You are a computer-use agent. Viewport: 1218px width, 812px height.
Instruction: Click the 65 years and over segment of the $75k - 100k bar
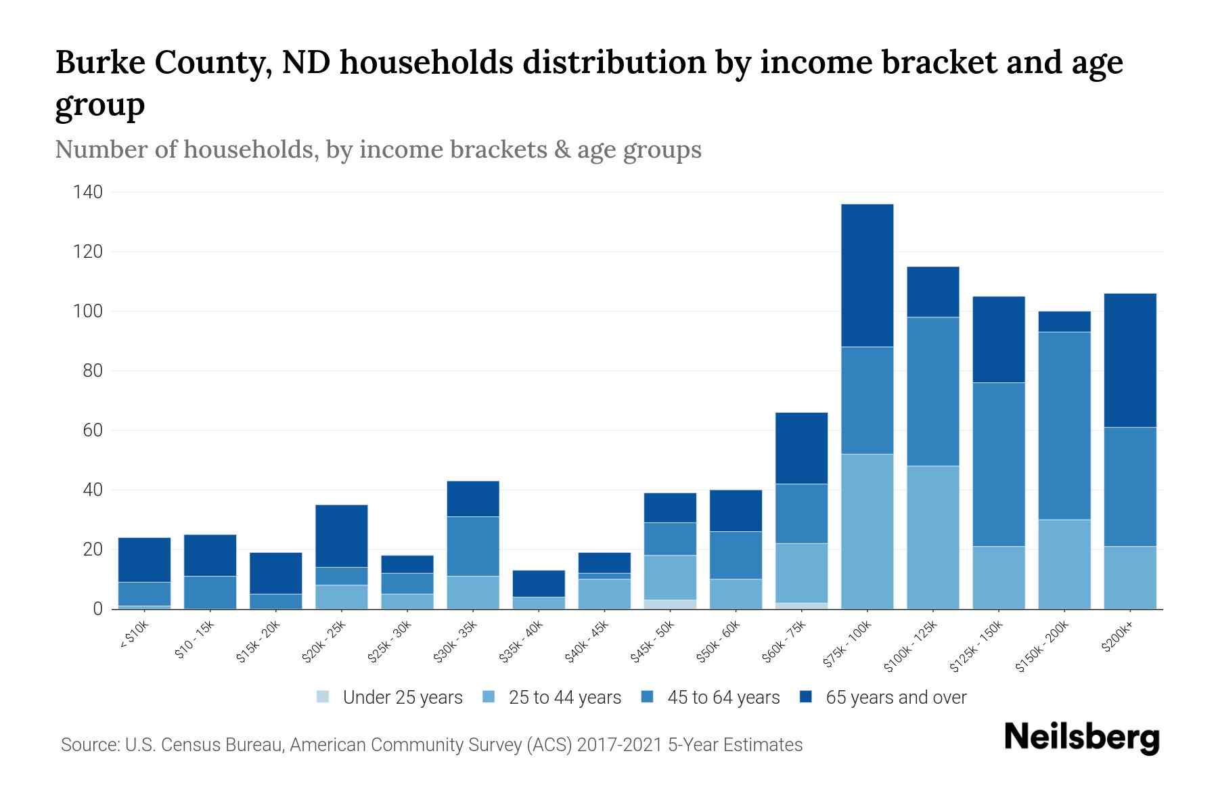click(867, 275)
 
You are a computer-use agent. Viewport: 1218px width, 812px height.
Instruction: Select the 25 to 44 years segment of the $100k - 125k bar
click(932, 537)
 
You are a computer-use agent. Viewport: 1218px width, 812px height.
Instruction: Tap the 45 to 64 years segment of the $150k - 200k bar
click(1064, 426)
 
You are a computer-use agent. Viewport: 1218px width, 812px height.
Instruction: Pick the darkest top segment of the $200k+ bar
click(1129, 360)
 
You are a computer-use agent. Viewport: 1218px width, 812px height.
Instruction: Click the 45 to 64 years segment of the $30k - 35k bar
click(473, 546)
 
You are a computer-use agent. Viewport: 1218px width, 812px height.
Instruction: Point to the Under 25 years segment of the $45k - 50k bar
click(670, 604)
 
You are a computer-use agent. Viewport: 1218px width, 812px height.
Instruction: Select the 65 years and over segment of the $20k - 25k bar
click(342, 536)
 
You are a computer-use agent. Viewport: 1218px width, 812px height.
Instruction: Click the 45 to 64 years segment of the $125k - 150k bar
click(998, 464)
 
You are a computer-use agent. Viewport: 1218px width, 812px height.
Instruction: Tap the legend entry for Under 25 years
click(390, 698)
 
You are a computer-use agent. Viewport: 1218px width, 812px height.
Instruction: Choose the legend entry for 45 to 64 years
click(710, 698)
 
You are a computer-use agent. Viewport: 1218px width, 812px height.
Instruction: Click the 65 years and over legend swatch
click(806, 697)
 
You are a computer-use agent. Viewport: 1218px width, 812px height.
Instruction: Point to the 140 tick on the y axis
click(88, 193)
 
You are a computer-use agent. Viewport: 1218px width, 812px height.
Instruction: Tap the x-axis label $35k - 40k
click(522, 641)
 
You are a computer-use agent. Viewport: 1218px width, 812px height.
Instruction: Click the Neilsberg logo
click(1081, 738)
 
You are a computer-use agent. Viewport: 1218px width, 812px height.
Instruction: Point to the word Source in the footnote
click(89, 745)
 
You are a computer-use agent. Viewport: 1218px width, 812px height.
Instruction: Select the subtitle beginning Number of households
click(378, 150)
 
